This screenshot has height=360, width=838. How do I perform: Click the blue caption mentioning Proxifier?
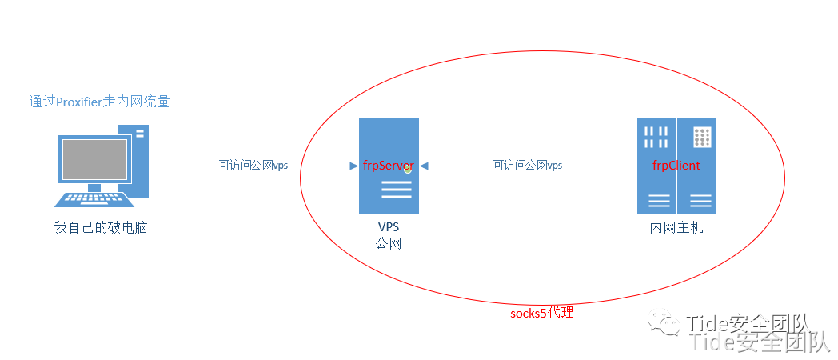click(99, 102)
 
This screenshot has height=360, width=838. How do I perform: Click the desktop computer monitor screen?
click(94, 160)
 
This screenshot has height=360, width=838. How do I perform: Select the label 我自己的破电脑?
click(101, 228)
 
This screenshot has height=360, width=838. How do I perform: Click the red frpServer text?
click(388, 166)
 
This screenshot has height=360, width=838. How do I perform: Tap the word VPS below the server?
click(389, 227)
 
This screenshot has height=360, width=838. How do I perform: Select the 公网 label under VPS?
click(389, 243)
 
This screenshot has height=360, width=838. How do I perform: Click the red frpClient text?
click(676, 166)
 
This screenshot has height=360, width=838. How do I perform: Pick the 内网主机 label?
click(676, 228)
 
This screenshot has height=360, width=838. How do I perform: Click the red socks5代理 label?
click(541, 313)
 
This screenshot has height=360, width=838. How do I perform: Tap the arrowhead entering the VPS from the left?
click(353, 166)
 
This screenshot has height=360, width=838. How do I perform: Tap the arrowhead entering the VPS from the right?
click(425, 166)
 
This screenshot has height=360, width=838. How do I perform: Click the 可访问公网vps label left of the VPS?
click(253, 166)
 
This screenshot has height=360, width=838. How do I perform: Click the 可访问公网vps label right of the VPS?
click(528, 166)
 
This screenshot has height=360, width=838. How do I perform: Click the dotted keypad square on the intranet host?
click(702, 137)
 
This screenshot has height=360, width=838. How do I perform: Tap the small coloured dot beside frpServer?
click(408, 169)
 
